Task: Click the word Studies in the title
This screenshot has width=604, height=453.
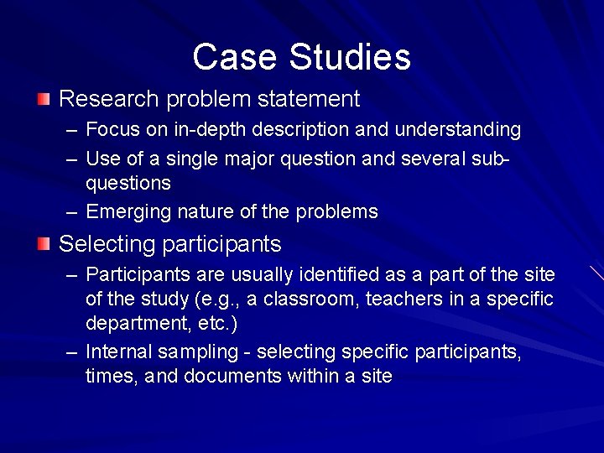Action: pos(350,57)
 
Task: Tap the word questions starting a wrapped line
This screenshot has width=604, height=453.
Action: pos(128,183)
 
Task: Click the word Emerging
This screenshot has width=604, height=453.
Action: pos(128,211)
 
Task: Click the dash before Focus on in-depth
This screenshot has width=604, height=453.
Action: pos(72,130)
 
